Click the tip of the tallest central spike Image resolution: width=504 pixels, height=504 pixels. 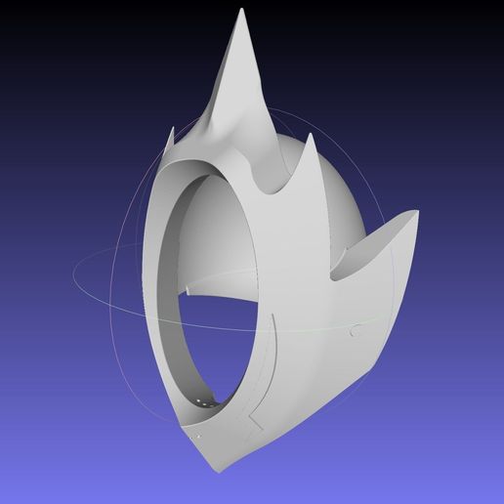click(239, 12)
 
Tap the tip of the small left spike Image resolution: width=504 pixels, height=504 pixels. click(172, 126)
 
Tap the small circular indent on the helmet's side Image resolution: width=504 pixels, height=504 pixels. click(350, 330)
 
